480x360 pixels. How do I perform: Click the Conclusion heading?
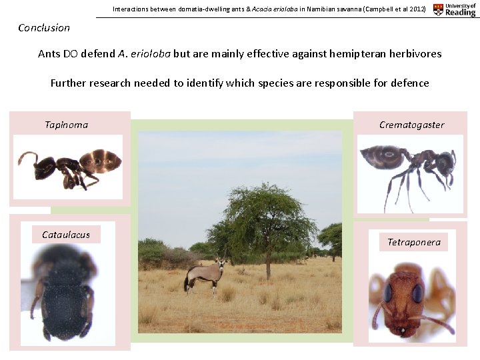(x=44, y=27)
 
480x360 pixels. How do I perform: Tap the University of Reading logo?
(x=455, y=9)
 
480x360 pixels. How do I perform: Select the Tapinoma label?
(x=66, y=125)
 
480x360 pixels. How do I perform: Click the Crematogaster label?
(x=411, y=125)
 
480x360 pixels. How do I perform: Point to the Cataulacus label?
(x=66, y=235)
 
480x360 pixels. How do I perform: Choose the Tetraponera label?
(x=414, y=242)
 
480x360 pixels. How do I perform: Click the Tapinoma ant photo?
(x=69, y=166)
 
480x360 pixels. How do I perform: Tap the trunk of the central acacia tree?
(x=268, y=265)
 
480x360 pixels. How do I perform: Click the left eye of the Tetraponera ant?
(x=387, y=293)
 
